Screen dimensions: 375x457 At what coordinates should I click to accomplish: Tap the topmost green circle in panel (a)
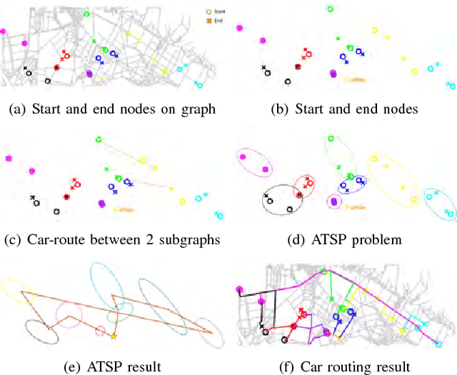pyautogui.click(x=86, y=14)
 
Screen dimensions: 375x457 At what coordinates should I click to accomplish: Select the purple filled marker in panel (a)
pyautogui.click(x=89, y=73)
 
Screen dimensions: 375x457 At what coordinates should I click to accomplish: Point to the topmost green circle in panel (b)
pyautogui.click(x=330, y=9)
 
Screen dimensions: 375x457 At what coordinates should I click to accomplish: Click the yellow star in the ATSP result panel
pyautogui.click(x=114, y=336)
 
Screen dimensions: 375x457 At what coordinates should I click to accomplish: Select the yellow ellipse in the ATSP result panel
pyautogui.click(x=15, y=289)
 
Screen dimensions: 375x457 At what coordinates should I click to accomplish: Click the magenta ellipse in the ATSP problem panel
pyautogui.click(x=255, y=164)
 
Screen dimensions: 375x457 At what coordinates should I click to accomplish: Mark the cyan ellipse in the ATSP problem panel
pyautogui.click(x=439, y=204)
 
